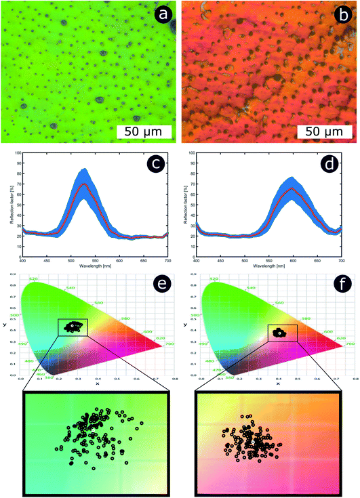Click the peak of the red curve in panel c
point(84,184)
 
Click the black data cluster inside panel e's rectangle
point(72,327)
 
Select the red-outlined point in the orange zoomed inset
point(242,415)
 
